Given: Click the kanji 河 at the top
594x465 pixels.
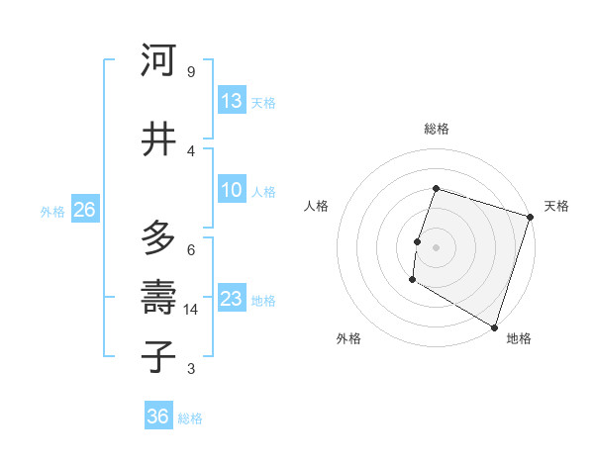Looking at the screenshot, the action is click(x=158, y=60).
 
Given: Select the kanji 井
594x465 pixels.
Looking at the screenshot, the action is click(x=158, y=139).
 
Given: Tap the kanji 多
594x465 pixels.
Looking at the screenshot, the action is click(x=158, y=238).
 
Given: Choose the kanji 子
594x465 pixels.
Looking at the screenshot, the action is click(x=158, y=357).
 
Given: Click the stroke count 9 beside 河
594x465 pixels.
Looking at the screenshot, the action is click(x=190, y=71).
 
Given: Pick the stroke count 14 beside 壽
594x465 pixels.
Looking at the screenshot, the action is click(x=192, y=310).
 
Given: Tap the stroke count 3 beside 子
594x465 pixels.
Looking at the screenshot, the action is click(x=190, y=369).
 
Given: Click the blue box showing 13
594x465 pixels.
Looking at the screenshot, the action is click(x=232, y=100).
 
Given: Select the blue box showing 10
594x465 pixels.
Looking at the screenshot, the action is click(x=232, y=190).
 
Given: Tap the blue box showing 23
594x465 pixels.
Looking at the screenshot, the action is click(x=232, y=299).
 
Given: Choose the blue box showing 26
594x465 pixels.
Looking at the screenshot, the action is click(x=85, y=210).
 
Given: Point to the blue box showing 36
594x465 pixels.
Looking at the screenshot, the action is click(x=158, y=417).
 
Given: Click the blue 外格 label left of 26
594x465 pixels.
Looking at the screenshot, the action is click(x=52, y=211).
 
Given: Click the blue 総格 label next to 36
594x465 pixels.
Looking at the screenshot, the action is click(x=190, y=418).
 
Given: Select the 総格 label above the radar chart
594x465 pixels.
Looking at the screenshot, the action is click(x=436, y=129).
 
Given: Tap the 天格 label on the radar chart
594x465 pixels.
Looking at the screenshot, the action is click(x=556, y=206).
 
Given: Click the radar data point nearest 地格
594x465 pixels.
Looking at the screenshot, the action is click(x=493, y=326).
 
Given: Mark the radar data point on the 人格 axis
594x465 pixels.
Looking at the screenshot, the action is click(x=418, y=241).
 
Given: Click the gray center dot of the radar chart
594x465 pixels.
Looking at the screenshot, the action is click(x=436, y=247).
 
